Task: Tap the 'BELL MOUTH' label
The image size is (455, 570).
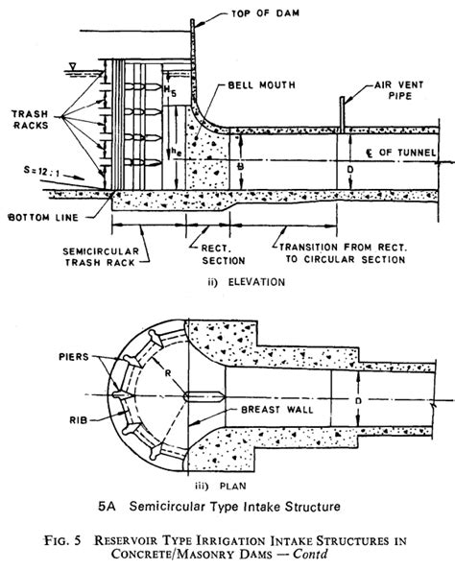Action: click(x=271, y=85)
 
